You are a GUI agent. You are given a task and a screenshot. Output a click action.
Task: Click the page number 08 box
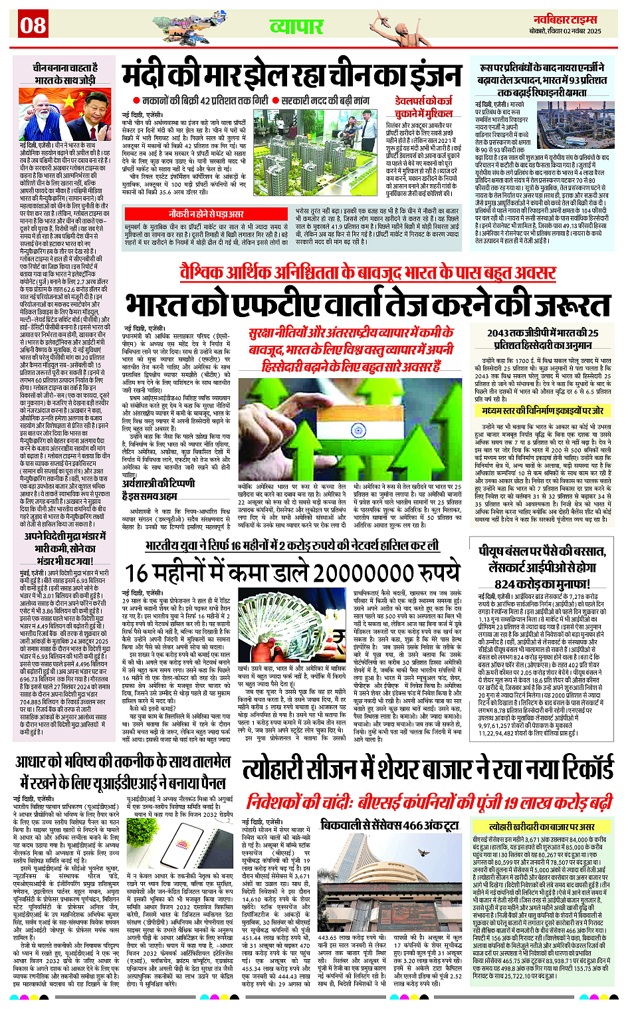pos(33,25)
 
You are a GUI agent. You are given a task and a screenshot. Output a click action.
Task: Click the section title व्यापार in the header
pos(296,27)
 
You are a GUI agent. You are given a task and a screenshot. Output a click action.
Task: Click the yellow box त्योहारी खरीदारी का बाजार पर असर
pos(541,826)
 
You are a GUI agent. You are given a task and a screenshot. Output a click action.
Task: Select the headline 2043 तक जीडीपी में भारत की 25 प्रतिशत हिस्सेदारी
pos(542,338)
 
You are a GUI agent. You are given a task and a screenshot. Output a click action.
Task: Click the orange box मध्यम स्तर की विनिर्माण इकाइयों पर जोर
pos(542,411)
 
